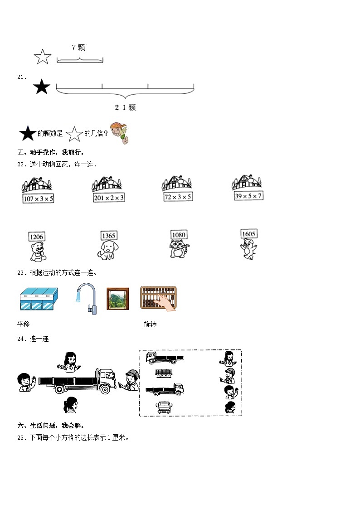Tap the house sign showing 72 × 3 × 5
(x=178, y=196)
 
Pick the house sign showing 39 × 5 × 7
(x=247, y=195)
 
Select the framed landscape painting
(x=118, y=299)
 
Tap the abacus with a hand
(x=158, y=298)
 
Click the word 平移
(x=24, y=325)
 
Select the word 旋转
(x=151, y=325)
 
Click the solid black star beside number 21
(x=42, y=87)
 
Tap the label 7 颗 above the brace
(x=78, y=47)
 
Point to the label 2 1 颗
(x=125, y=107)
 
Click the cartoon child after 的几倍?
(x=120, y=133)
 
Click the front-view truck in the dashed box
(x=163, y=407)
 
